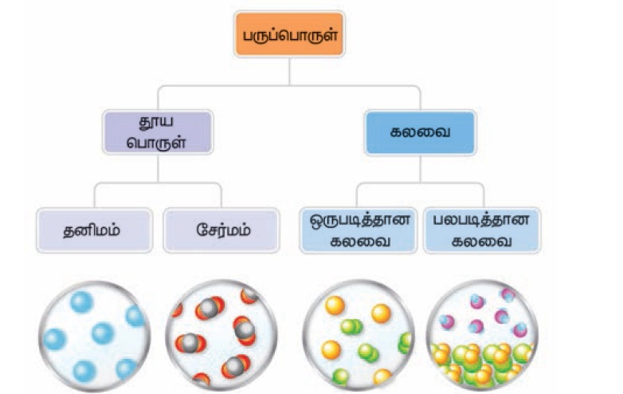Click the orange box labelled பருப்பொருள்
tap(288, 34)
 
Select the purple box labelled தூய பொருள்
tap(158, 132)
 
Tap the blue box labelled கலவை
tap(420, 132)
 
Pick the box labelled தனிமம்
tap(95, 230)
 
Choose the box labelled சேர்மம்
tap(221, 230)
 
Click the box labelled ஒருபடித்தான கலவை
tap(359, 230)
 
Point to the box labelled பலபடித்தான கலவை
tap(480, 230)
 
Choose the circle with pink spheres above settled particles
tap(480, 335)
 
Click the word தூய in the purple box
tap(158, 122)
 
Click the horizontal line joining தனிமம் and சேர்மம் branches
tap(158, 183)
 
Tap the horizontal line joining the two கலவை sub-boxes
tap(420, 183)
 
